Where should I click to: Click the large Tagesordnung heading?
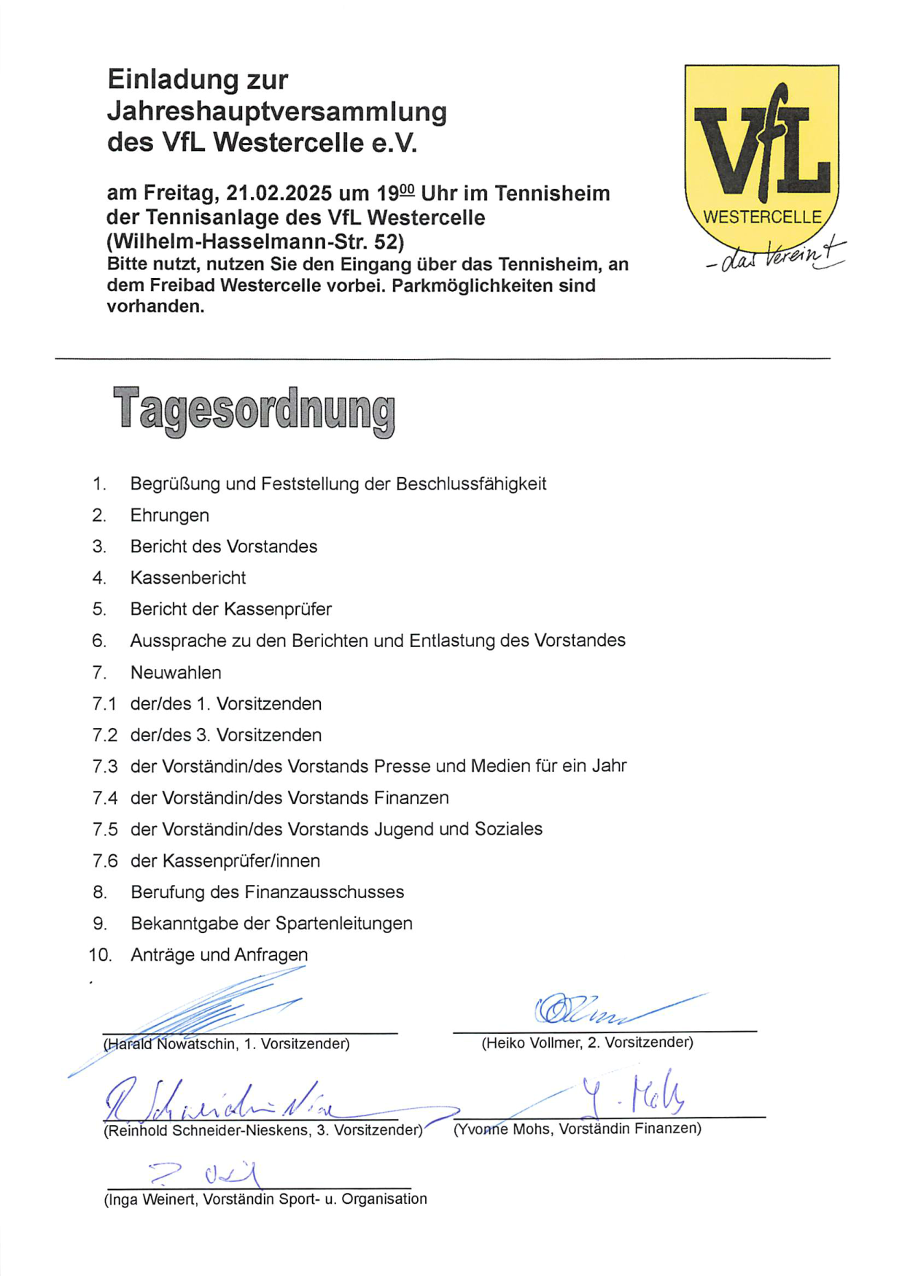click(254, 410)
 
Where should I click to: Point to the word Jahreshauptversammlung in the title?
click(277, 112)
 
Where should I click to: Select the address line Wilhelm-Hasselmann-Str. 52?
click(255, 241)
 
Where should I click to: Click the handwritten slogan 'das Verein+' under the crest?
click(777, 256)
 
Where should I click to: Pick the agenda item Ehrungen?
click(169, 515)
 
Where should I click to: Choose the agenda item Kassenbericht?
click(188, 578)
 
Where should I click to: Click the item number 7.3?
click(104, 766)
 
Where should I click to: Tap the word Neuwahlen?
click(176, 672)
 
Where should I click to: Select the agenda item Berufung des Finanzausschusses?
click(267, 892)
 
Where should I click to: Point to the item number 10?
click(100, 954)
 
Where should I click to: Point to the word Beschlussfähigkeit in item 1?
click(471, 484)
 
